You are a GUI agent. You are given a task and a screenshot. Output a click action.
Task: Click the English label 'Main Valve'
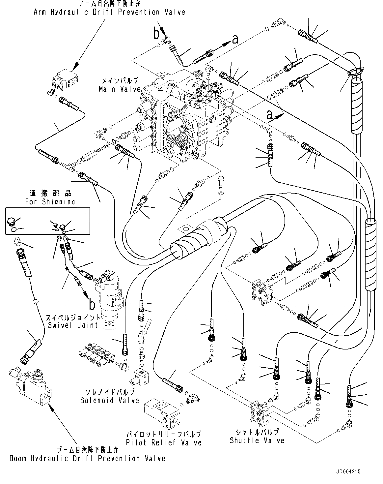pos(120,89)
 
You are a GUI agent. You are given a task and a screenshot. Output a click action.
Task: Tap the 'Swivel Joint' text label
pos(73,325)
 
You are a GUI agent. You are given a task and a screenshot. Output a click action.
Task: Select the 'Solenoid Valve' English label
pos(110,401)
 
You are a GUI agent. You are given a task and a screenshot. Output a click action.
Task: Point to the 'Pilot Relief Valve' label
pos(164,442)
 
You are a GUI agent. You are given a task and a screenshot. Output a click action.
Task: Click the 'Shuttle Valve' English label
pos(257,440)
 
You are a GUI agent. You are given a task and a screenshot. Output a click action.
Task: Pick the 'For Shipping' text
pos(50,201)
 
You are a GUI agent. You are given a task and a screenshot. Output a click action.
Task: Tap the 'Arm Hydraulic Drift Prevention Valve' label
pos(109,12)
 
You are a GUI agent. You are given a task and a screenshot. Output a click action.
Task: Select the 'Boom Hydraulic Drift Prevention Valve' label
pos(87,458)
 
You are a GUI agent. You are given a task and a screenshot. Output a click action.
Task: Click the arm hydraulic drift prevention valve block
pos(65,80)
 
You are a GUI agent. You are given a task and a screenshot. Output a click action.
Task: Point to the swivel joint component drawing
pos(109,299)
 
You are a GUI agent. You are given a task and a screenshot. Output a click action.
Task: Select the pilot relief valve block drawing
pos(162,414)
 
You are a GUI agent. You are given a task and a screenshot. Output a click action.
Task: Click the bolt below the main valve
pos(221,182)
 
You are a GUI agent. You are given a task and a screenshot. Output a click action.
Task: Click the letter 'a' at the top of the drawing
pos(235,40)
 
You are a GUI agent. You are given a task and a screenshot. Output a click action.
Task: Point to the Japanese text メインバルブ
pos(120,80)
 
